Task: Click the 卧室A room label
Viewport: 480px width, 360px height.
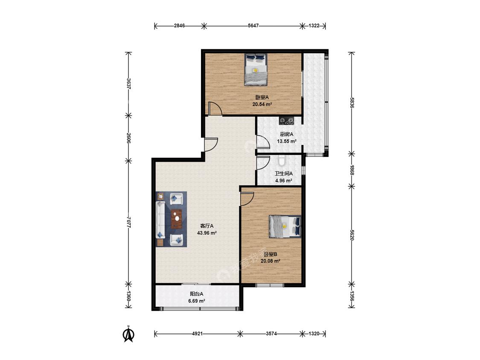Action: [x=262, y=97]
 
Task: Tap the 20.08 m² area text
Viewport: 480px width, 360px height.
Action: [x=271, y=261]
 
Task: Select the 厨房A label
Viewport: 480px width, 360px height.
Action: [x=287, y=134]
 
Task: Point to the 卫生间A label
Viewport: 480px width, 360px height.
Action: [x=283, y=173]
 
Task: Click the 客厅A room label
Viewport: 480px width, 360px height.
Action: [x=207, y=226]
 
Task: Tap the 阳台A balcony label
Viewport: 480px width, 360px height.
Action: [x=197, y=294]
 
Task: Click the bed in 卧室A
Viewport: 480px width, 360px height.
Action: [x=256, y=70]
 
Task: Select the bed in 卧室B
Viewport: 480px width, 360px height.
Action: [x=285, y=226]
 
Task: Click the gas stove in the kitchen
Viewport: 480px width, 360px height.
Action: [x=286, y=121]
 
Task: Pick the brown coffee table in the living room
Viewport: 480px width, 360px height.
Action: [x=176, y=219]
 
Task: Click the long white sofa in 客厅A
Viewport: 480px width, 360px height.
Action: [x=160, y=220]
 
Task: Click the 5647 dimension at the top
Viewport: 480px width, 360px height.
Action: [x=253, y=26]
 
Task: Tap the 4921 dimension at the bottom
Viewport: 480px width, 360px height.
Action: [x=198, y=334]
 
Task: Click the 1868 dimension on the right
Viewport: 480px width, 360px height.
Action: [x=352, y=170]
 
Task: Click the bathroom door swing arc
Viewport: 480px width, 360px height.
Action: [x=263, y=163]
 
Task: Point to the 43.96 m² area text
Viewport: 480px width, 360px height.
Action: [x=207, y=233]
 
